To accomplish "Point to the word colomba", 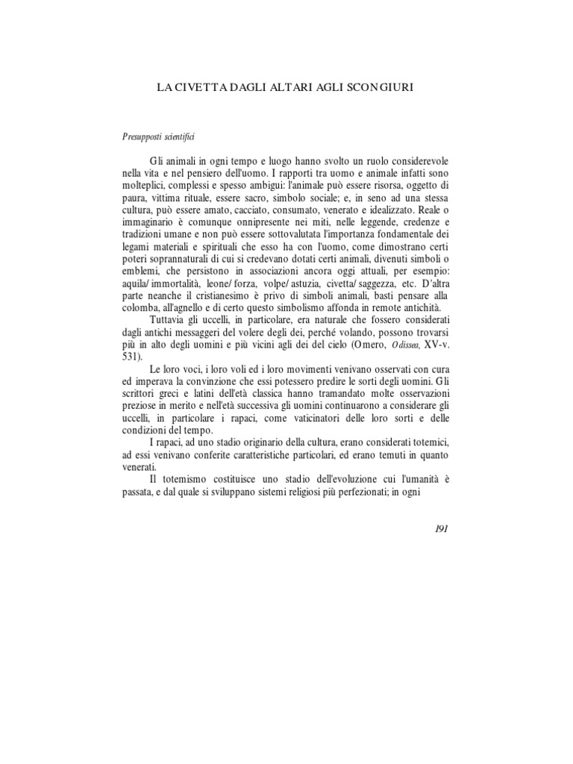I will point(137,307).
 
